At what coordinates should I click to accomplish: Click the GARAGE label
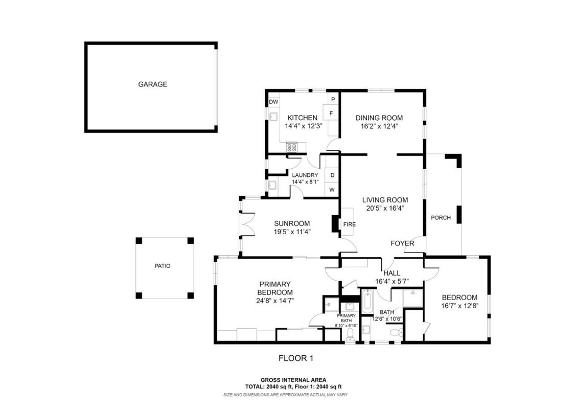[x=152, y=84]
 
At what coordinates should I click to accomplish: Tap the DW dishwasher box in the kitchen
[x=273, y=102]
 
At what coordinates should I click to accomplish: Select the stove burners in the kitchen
[x=292, y=148]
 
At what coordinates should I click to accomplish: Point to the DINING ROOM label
[x=379, y=118]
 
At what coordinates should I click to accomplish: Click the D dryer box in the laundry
[x=332, y=175]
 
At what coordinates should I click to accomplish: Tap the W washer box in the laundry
[x=332, y=190]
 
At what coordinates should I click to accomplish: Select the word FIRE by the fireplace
[x=350, y=224]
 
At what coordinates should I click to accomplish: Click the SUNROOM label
[x=292, y=224]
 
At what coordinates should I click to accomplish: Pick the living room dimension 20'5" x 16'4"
[x=385, y=208]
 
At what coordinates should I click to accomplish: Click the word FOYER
[x=402, y=243]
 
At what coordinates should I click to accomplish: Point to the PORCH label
[x=441, y=218]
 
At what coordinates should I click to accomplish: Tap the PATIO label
[x=163, y=266]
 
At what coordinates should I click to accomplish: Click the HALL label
[x=392, y=273]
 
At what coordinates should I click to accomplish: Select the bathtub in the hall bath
[x=367, y=302]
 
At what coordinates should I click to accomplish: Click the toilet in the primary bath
[x=350, y=334]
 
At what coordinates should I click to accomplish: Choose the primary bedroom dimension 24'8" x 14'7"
[x=275, y=301]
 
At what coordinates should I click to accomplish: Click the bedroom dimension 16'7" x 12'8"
[x=460, y=306]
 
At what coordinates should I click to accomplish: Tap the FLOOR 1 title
[x=296, y=358]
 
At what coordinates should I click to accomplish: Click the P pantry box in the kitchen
[x=333, y=99]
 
